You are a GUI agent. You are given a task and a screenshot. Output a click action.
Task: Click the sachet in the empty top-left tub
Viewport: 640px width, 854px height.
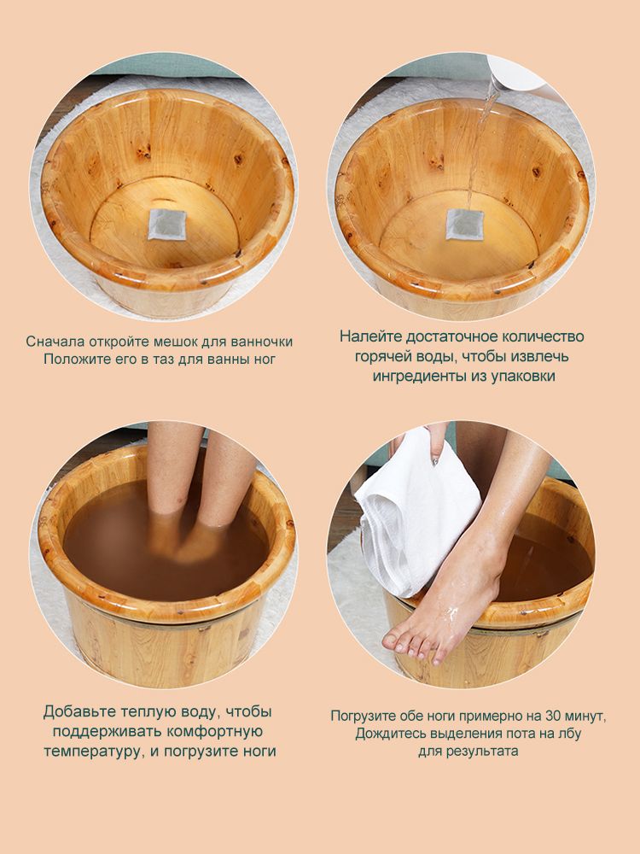pos(167,224)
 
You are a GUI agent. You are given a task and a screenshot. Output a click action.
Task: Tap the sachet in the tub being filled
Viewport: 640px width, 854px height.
pos(465,224)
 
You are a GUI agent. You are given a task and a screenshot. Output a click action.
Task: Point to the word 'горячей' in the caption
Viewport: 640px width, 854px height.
pos(384,356)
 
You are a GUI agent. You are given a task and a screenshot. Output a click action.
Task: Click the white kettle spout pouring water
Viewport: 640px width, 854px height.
pos(515,71)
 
